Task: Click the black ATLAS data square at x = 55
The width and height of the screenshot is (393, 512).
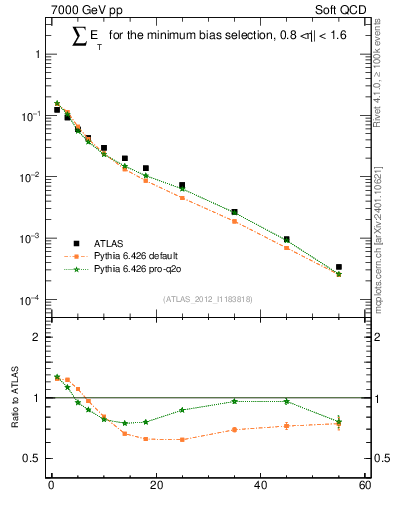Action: click(x=339, y=267)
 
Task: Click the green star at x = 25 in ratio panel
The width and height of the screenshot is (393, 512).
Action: click(x=182, y=410)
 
